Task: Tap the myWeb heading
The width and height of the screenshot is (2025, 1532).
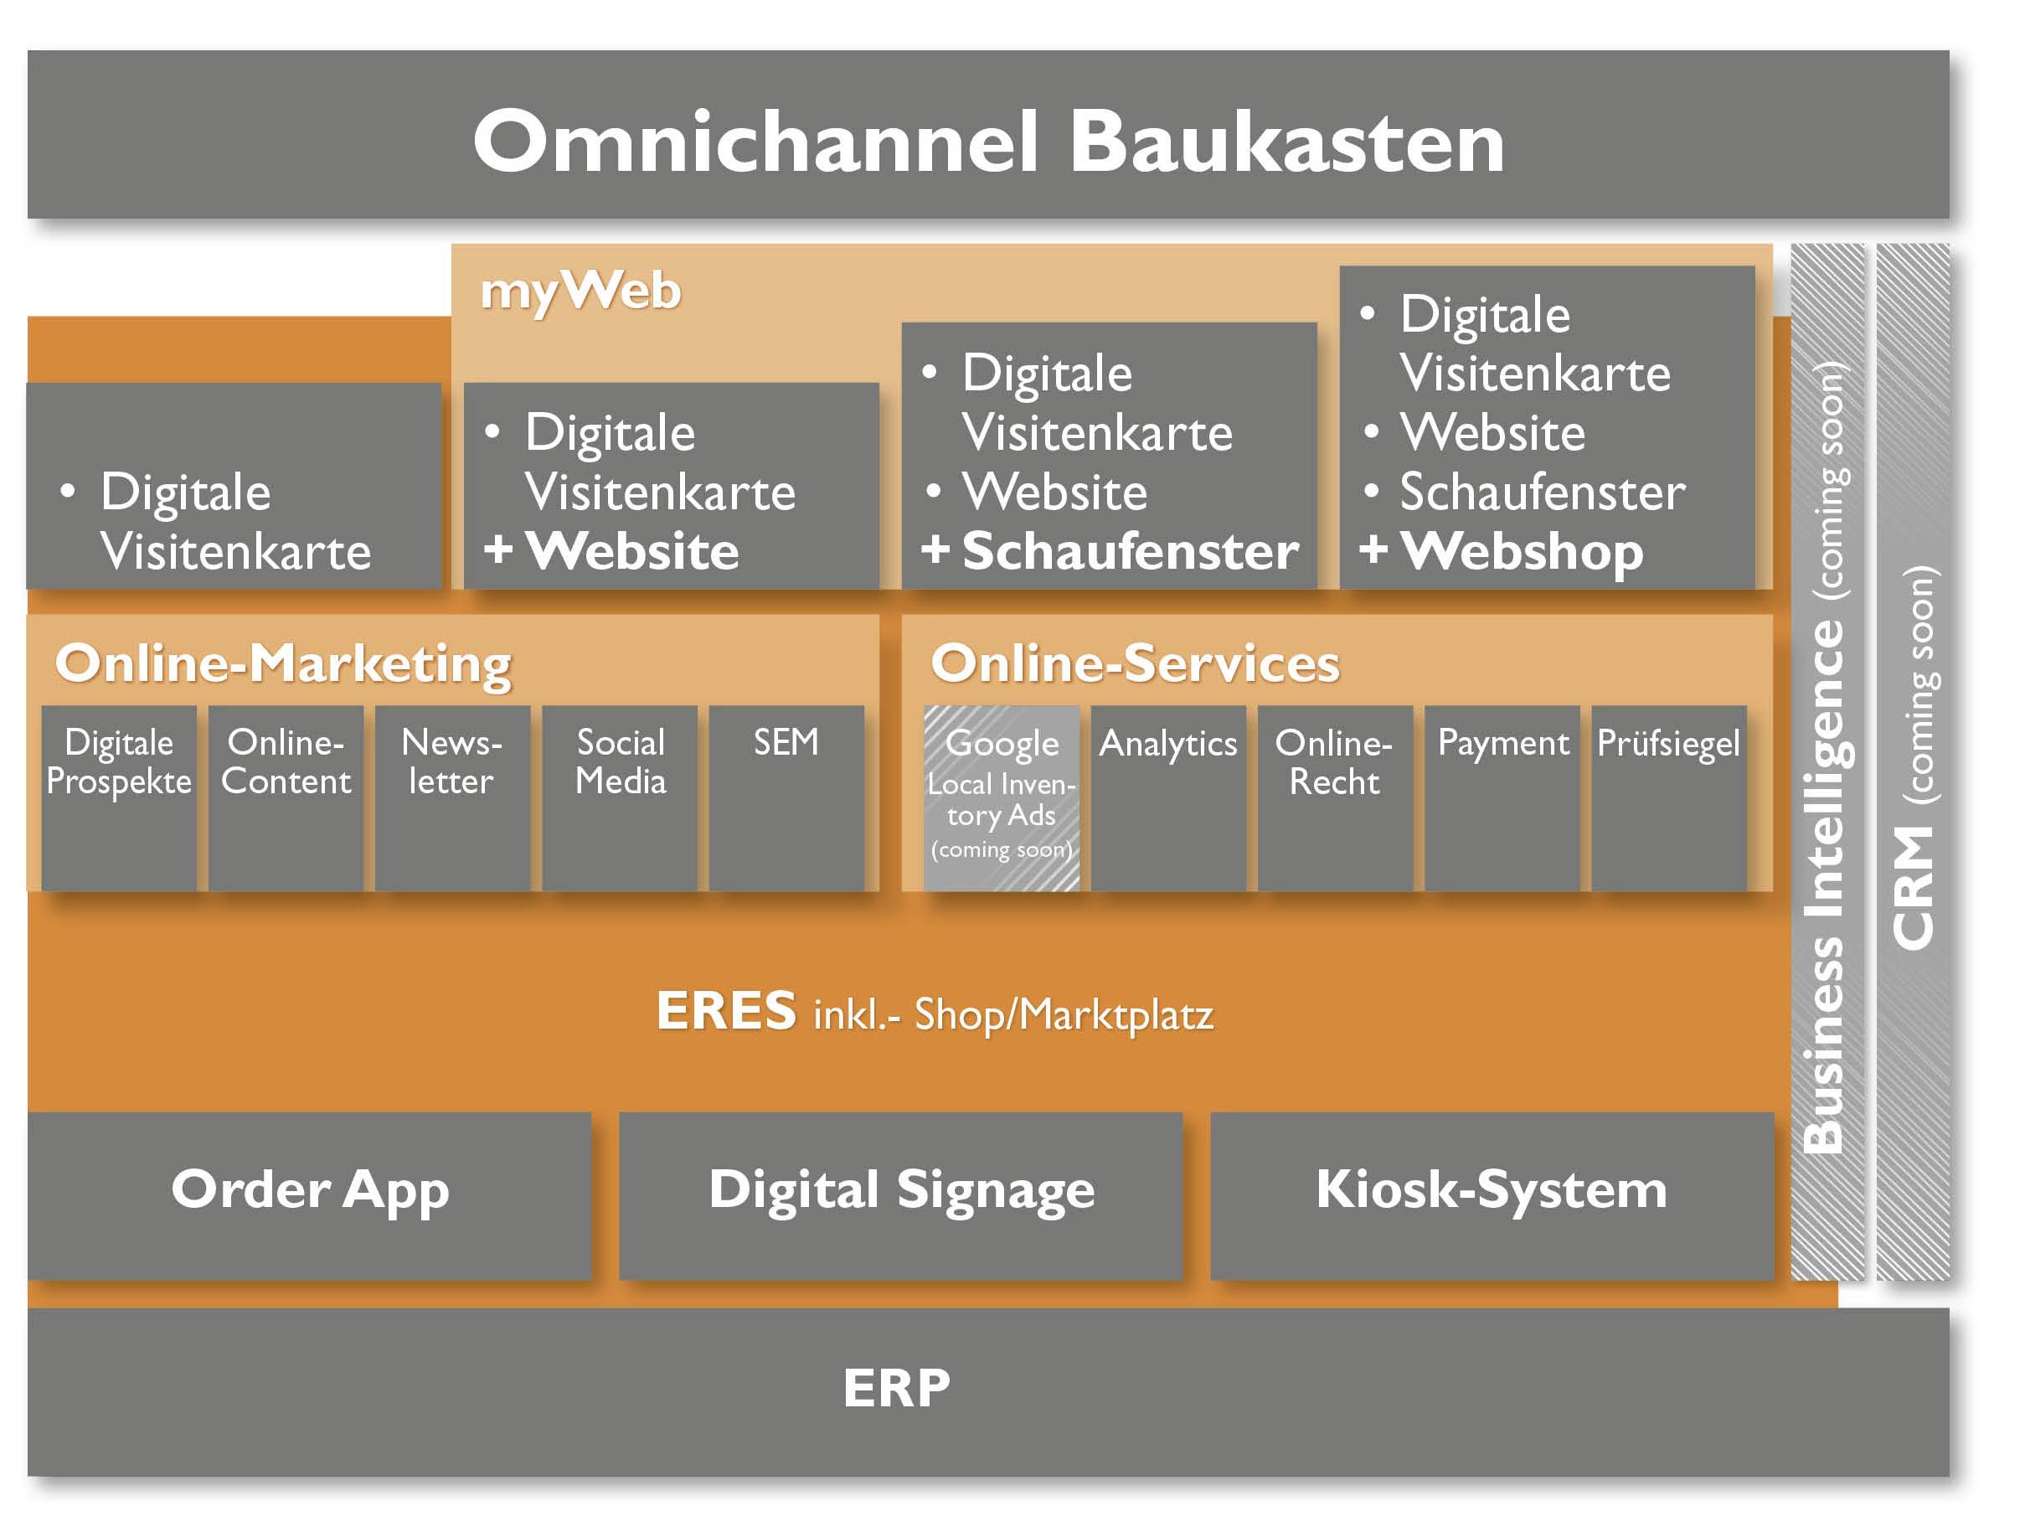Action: tap(580, 291)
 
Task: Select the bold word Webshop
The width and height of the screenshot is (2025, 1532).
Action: tap(1522, 551)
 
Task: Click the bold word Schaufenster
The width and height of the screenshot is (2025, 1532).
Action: tap(1130, 551)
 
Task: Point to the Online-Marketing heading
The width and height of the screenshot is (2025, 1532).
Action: tap(283, 663)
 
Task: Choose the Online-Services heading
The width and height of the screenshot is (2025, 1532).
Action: tap(1134, 663)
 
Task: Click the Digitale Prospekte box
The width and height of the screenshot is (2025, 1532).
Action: tap(119, 797)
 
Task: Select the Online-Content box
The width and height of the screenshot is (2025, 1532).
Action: tap(286, 797)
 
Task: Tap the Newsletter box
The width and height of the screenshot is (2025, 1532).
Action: tap(452, 797)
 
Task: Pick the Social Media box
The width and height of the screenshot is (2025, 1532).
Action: tap(620, 797)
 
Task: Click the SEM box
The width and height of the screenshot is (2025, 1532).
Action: tap(786, 797)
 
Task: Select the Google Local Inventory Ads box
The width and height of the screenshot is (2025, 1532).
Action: tap(1002, 797)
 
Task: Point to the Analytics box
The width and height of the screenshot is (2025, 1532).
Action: tap(1168, 797)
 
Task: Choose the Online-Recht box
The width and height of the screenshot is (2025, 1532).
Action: tap(1335, 797)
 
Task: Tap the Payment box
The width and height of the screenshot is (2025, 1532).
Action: tap(1502, 797)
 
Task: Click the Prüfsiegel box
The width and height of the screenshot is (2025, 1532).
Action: tap(1668, 797)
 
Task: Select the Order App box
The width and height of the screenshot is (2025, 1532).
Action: tap(309, 1194)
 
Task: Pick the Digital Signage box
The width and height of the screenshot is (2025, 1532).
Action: tap(901, 1194)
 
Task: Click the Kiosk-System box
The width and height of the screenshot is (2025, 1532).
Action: tap(1492, 1194)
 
